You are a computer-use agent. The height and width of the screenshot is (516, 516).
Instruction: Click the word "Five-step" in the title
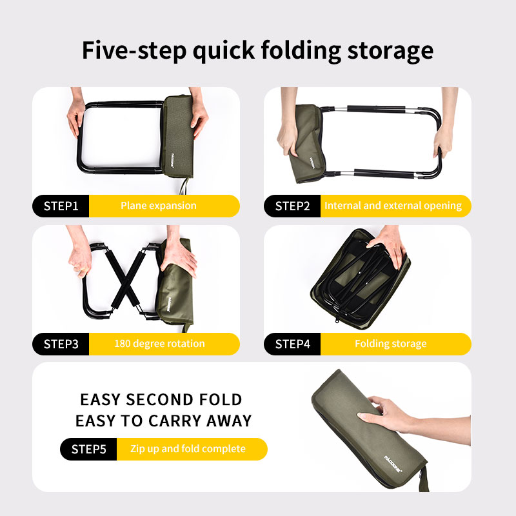[134, 50]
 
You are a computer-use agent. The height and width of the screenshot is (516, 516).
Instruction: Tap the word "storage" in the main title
[390, 51]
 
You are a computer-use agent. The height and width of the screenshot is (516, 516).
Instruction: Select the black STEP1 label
[61, 206]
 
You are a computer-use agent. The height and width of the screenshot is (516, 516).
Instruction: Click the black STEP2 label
[292, 206]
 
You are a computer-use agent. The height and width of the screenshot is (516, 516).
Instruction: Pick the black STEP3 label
[61, 344]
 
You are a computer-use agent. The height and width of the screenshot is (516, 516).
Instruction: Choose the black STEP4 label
[292, 344]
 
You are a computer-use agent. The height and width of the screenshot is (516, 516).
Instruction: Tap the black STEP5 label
[88, 449]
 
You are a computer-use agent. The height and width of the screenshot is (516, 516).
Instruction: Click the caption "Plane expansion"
[158, 206]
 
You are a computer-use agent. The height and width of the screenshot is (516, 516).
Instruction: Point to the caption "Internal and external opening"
[393, 206]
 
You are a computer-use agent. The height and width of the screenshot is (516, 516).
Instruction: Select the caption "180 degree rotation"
[159, 344]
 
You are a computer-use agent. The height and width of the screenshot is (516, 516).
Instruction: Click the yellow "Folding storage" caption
[391, 344]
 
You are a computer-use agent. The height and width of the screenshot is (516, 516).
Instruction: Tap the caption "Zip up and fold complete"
[188, 449]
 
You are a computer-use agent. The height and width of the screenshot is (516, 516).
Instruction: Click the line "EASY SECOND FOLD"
[161, 399]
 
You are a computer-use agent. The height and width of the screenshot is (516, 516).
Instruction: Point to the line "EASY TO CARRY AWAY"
[164, 421]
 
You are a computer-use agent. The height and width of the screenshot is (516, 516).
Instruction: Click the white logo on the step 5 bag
[393, 464]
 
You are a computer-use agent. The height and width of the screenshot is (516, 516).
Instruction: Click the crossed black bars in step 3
[125, 279]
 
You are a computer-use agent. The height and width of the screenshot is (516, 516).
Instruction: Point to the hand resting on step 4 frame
[388, 245]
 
